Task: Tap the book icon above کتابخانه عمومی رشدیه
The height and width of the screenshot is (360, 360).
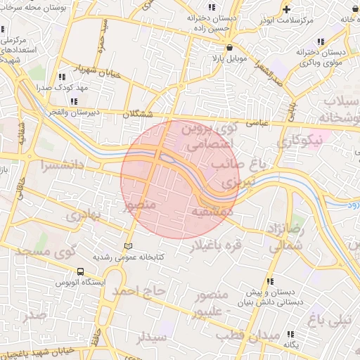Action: pyautogui.click(x=127, y=246)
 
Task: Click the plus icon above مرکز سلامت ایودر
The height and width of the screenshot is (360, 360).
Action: pyautogui.click(x=286, y=9)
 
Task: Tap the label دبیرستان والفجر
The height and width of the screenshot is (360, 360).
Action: pyautogui.click(x=71, y=111)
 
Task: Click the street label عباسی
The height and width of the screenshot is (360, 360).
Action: pyautogui.click(x=259, y=123)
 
